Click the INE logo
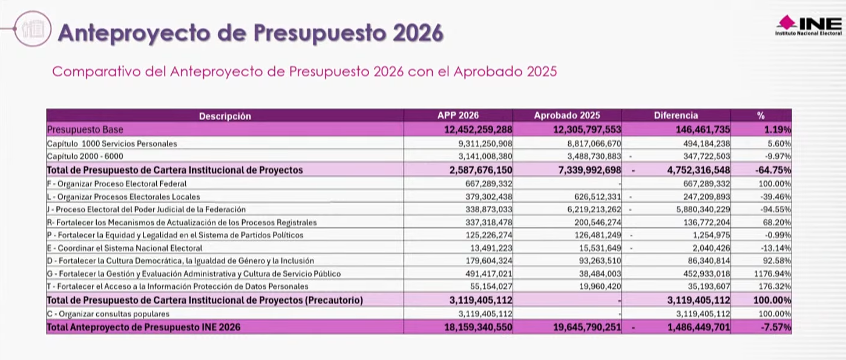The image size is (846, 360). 808,25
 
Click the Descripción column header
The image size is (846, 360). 225,116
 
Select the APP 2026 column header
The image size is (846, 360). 457,115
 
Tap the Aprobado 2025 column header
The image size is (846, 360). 566,115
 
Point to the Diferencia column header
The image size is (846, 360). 675,115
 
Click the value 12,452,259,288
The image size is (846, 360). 479,129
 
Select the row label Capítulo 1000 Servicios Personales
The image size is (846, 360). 112,144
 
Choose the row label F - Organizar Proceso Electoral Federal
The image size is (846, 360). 117,183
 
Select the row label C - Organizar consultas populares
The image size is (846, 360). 108,314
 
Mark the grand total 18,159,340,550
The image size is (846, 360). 479,327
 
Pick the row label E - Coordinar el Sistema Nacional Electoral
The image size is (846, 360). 125,248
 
